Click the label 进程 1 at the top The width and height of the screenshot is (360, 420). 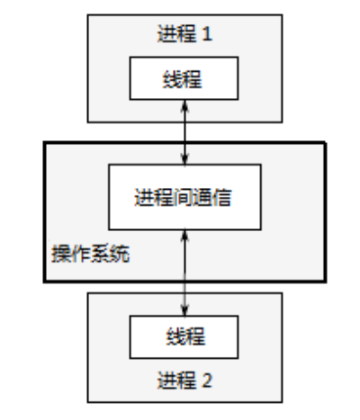click(184, 37)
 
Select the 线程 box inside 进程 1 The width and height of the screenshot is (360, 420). click(184, 79)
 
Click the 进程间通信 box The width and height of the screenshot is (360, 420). click(183, 197)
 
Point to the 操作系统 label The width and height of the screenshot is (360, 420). click(90, 255)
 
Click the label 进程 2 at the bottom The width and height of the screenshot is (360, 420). click(184, 379)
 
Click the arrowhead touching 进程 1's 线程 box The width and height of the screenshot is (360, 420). click(184, 104)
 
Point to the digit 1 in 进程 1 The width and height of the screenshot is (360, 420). click(208, 37)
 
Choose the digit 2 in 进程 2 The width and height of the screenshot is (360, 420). click(209, 379)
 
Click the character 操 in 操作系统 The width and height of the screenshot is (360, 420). click(60, 255)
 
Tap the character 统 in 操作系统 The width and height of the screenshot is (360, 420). click(120, 255)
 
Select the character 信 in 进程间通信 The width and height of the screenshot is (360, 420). click(222, 197)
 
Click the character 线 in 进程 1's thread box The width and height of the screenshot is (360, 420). click(174, 79)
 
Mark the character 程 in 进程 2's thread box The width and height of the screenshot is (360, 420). click(196, 337)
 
